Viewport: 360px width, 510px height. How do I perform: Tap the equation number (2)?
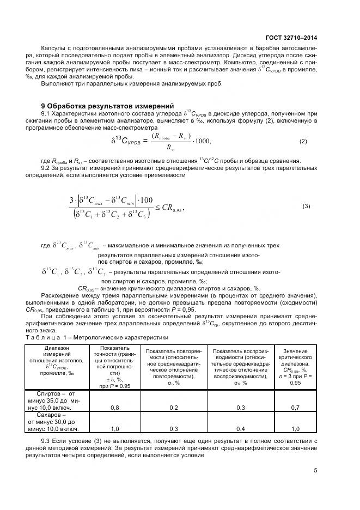[303, 142]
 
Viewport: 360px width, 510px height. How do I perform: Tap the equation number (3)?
[306, 207]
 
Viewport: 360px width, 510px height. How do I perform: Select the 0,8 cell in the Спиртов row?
[115, 407]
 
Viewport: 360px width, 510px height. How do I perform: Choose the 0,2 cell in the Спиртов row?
[173, 407]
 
